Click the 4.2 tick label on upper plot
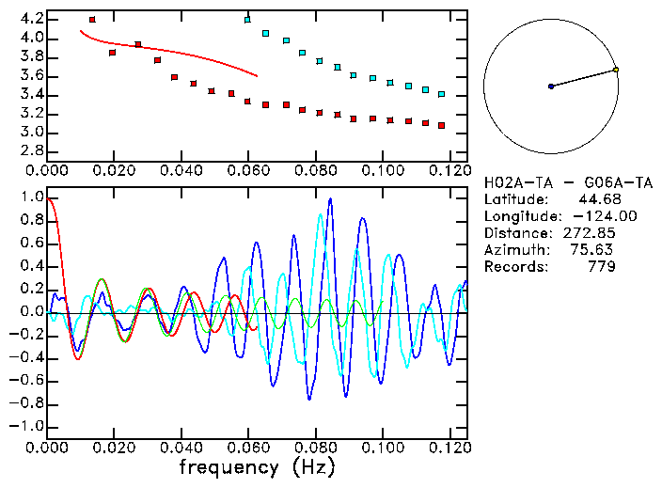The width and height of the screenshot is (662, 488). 28,19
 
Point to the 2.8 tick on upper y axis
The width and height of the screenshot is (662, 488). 28,150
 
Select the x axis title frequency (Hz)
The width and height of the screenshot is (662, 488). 256,467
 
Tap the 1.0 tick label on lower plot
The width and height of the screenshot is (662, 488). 30,197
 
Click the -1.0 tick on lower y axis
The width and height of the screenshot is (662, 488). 26,426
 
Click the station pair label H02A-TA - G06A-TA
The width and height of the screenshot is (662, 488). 567,182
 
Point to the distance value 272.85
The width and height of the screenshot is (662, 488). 591,233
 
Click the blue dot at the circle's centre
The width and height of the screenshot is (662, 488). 551,87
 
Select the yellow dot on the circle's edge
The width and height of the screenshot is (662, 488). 616,70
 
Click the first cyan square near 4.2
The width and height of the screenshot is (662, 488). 247,20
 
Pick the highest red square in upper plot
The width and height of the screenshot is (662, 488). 92,20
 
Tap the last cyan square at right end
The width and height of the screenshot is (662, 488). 441,94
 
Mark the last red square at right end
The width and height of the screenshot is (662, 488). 441,125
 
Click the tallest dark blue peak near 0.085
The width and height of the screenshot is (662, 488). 330,199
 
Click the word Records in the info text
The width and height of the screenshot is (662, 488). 514,267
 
